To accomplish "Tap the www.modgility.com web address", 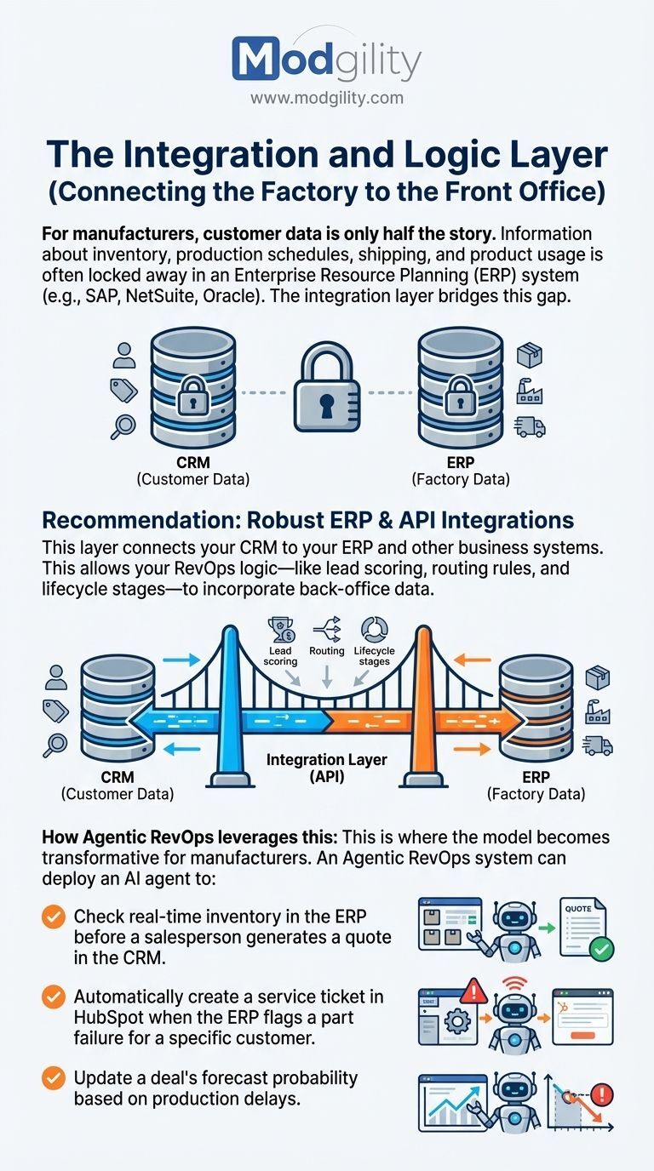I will tap(326, 98).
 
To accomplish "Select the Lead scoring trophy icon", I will tap(280, 630).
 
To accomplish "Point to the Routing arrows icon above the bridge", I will tap(328, 630).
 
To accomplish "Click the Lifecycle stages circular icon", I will tap(374, 630).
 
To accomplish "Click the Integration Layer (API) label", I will tap(327, 768).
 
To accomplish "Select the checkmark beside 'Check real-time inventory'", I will tap(54, 917).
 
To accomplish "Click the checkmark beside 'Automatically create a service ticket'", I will tap(54, 997).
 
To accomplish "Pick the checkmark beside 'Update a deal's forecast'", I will tap(54, 1078).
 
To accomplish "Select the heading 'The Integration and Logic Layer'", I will tap(327, 156).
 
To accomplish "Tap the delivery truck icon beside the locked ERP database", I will tap(531, 426).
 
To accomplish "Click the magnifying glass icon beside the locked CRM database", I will tap(123, 426).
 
